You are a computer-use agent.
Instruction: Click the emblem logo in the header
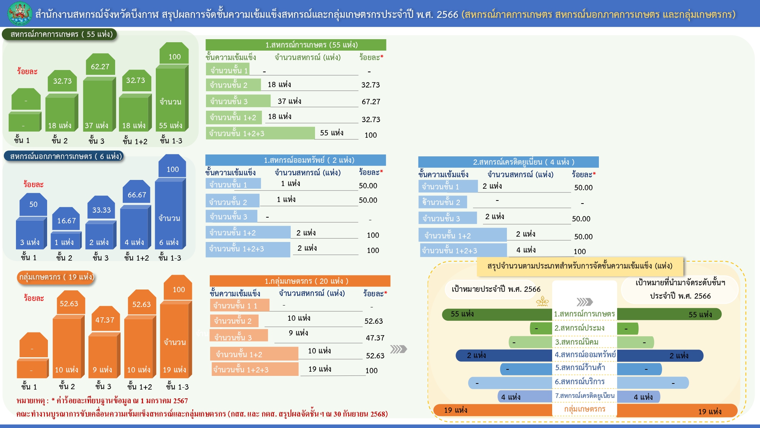pos(20,13)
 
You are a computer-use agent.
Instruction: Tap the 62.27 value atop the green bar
pos(100,67)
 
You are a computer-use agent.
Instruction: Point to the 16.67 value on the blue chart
pos(66,221)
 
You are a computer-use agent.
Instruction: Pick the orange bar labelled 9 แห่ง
pos(103,356)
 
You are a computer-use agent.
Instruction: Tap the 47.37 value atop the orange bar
pos(105,320)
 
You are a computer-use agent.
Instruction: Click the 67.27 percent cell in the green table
pos(371,102)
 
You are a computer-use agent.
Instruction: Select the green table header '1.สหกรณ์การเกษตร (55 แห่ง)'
pos(296,45)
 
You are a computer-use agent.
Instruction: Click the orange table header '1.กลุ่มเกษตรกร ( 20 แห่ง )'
pos(300,281)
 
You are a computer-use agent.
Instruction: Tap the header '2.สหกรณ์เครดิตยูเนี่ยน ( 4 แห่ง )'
pos(508,162)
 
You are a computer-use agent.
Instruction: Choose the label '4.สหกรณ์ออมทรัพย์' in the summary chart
pos(584,355)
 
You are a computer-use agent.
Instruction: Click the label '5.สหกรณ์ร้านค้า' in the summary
pos(580,368)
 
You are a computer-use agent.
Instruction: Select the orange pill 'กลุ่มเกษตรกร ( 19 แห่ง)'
pos(56,277)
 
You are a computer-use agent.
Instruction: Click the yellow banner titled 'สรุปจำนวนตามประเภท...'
pos(579,266)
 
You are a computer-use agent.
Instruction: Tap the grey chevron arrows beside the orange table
pos(398,349)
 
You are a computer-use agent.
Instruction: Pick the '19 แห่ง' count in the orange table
pos(320,369)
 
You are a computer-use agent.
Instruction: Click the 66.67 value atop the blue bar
pos(137,195)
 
